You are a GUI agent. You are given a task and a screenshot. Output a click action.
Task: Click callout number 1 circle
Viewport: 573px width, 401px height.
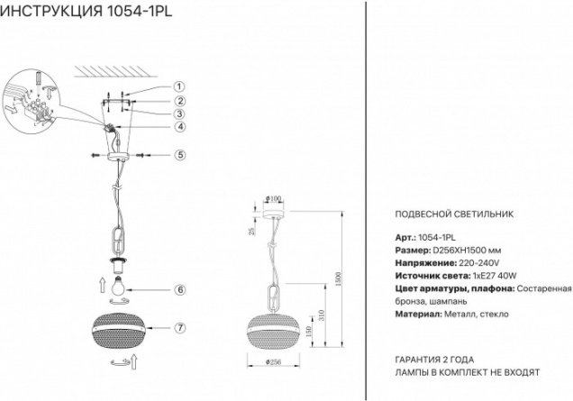(179, 87)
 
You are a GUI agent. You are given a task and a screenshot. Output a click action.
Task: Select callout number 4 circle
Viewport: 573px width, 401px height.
(180, 127)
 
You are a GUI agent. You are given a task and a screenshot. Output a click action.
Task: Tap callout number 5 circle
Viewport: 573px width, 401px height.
(180, 155)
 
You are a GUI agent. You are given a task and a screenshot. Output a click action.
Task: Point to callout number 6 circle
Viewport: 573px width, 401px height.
(180, 290)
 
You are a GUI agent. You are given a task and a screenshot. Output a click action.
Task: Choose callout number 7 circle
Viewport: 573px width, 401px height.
(180, 328)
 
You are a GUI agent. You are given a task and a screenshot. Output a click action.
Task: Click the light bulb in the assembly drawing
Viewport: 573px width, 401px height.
(118, 286)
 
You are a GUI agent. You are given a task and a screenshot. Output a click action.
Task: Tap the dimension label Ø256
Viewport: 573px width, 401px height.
(273, 362)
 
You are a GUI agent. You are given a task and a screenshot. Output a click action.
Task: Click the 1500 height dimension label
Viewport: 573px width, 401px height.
(338, 279)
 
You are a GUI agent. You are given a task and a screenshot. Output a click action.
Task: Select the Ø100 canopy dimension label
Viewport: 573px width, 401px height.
(273, 198)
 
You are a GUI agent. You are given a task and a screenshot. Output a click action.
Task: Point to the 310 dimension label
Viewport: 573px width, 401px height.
(322, 314)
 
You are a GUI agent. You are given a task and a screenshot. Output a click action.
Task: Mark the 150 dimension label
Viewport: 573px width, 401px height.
(309, 332)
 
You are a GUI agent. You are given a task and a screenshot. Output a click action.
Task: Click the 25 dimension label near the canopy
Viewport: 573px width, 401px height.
(251, 231)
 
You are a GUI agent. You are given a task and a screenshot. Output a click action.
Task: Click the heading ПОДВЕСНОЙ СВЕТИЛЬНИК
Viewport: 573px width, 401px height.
(454, 214)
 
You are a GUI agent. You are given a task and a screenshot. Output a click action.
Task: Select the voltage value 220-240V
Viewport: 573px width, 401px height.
(479, 263)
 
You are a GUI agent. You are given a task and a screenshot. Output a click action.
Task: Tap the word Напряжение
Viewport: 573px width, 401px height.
(426, 263)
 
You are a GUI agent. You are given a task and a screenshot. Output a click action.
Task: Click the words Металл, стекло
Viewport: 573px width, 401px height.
(477, 314)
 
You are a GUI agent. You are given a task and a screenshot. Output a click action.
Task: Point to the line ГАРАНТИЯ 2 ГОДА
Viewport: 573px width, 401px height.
(434, 360)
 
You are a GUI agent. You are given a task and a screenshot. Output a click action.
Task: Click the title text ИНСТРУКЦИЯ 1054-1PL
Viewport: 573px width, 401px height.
(86, 12)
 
